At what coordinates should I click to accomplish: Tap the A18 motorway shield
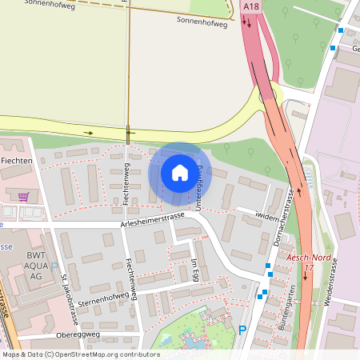[x=250, y=6]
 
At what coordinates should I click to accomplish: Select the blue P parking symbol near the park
[x=242, y=330]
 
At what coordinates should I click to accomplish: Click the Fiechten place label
[x=16, y=161]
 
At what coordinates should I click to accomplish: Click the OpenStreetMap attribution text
[x=80, y=354]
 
